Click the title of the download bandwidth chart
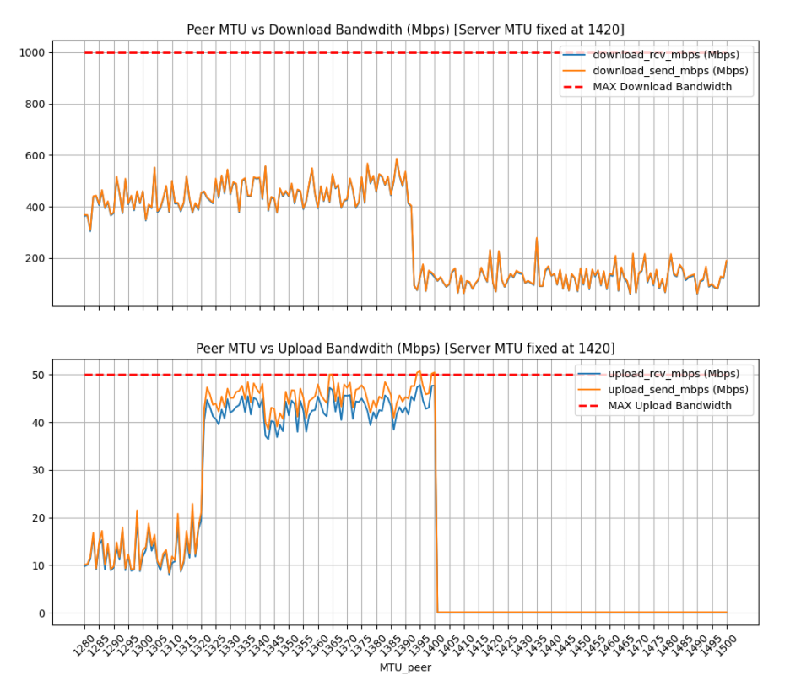(x=405, y=30)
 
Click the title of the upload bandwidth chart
(x=405, y=348)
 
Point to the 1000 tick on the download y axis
(x=34, y=52)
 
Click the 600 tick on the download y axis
(x=37, y=155)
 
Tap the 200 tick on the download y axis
(x=37, y=258)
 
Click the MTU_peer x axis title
(x=405, y=668)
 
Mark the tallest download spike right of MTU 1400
(x=536, y=239)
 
